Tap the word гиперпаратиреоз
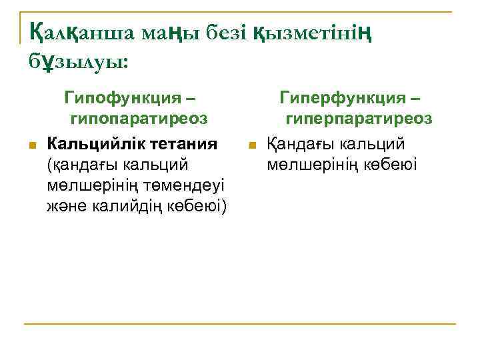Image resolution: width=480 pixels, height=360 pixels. (x=359, y=119)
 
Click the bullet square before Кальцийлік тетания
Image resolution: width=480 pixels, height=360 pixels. (x=31, y=145)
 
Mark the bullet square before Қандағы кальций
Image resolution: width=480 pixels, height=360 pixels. (x=251, y=145)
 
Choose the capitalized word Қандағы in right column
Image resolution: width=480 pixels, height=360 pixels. (x=300, y=143)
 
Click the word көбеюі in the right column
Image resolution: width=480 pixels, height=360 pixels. (x=391, y=164)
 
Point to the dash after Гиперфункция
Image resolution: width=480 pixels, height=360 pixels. (x=417, y=98)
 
